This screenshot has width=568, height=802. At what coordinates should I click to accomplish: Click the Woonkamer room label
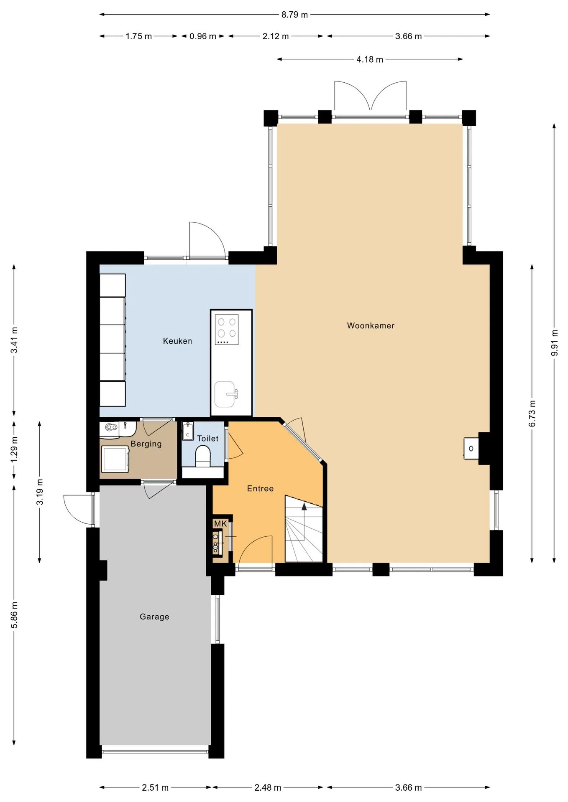click(371, 326)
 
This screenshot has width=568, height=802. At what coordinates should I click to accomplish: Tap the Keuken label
click(177, 341)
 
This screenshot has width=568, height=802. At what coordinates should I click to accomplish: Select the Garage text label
click(154, 617)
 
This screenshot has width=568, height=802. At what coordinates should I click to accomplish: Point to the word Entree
click(260, 489)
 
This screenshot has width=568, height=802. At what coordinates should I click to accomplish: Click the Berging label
click(146, 444)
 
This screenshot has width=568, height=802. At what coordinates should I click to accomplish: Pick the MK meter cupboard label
click(220, 524)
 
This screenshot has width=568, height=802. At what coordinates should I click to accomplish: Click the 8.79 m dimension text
click(294, 15)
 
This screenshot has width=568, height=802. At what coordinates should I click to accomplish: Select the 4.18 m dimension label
click(370, 59)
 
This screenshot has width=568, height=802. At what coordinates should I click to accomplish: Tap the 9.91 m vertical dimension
click(555, 343)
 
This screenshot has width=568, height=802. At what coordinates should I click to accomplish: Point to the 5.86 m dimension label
click(14, 615)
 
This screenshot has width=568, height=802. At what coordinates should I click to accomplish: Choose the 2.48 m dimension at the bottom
click(268, 788)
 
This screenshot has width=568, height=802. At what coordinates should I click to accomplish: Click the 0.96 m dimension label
click(203, 36)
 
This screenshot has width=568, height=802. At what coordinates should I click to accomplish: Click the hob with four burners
click(227, 330)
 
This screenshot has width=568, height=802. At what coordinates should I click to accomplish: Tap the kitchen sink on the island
click(225, 394)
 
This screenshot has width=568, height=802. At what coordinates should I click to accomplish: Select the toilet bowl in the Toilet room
click(203, 457)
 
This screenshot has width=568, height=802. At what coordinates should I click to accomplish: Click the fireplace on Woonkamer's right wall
click(471, 449)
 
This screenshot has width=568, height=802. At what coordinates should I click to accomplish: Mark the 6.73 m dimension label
click(532, 414)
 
